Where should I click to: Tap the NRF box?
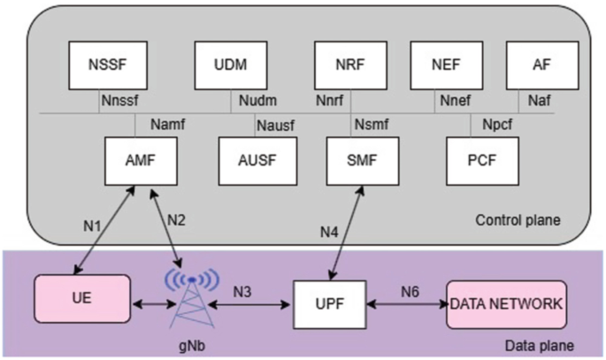[x=351, y=65]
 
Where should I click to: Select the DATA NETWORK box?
[x=506, y=303]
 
